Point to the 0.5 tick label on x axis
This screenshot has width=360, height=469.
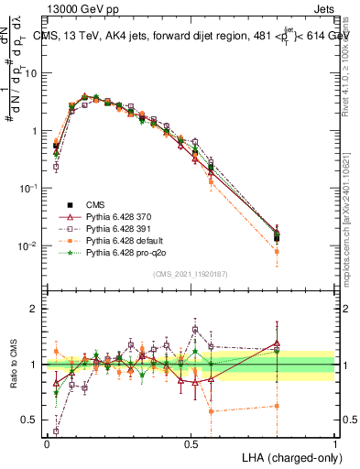191,442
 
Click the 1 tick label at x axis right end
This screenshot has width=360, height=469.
335,442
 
